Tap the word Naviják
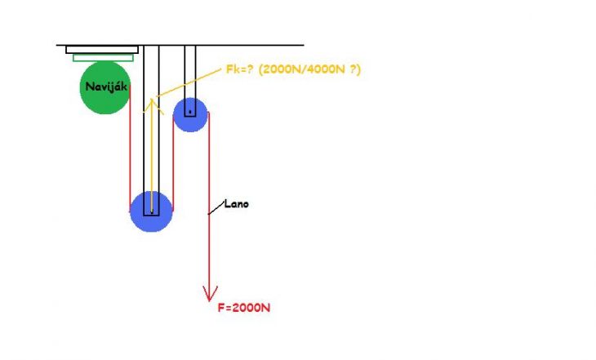click(x=106, y=87)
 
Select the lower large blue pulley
click(x=151, y=211)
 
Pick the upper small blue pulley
click(x=190, y=115)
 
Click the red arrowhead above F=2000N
click(x=210, y=294)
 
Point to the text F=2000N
click(x=243, y=308)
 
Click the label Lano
click(x=237, y=204)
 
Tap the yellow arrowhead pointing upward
click(x=153, y=105)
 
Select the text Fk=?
click(x=239, y=69)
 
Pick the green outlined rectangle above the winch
click(x=103, y=58)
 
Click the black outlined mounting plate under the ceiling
click(x=102, y=50)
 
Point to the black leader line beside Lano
click(x=216, y=208)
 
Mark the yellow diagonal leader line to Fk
click(x=189, y=82)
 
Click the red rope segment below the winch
click(x=130, y=149)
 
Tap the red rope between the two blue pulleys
click(x=173, y=163)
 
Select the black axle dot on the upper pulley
click(x=190, y=112)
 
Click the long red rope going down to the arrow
click(x=209, y=205)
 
